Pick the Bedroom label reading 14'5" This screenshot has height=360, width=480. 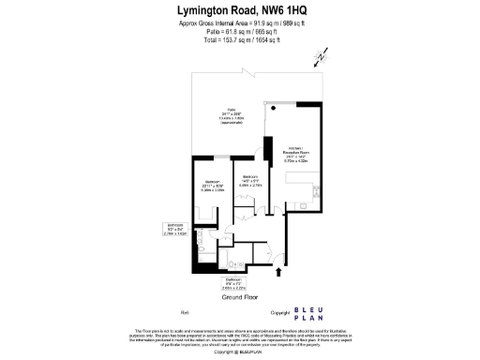tap(250, 180)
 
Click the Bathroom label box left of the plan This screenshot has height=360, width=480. tap(174, 229)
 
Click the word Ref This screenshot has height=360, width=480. tap(184, 311)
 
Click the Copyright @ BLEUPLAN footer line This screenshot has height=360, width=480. tap(240, 352)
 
